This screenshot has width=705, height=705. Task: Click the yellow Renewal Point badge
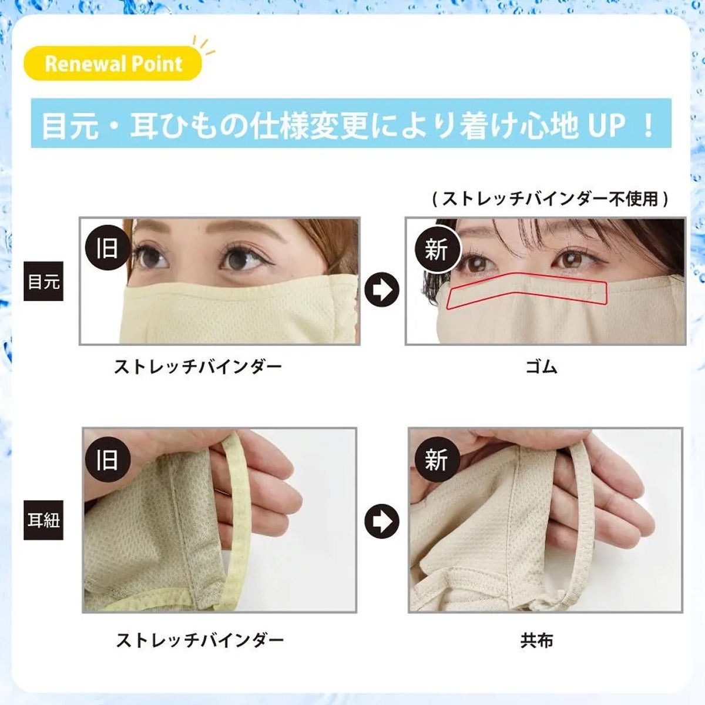(113, 63)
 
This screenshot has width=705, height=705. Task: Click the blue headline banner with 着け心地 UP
(351, 125)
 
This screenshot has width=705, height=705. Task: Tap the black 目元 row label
(43, 281)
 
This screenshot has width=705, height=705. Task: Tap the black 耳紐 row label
(43, 520)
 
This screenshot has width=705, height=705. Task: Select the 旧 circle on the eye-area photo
(107, 248)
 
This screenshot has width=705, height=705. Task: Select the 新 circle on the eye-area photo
(435, 249)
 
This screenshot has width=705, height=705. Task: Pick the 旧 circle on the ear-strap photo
(107, 459)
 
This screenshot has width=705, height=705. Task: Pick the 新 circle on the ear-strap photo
(435, 459)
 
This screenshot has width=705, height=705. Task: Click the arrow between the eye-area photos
(382, 290)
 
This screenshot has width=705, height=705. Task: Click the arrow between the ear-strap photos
(382, 521)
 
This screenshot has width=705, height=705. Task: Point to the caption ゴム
(540, 367)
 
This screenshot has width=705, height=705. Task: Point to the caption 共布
(536, 640)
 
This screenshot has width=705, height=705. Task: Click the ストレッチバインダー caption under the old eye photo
(198, 367)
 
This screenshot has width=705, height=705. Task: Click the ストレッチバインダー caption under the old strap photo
(200, 640)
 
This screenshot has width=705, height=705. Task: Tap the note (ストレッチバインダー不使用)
(550, 199)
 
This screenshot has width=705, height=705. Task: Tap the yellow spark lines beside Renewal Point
(206, 46)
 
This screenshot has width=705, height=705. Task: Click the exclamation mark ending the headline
(649, 125)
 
